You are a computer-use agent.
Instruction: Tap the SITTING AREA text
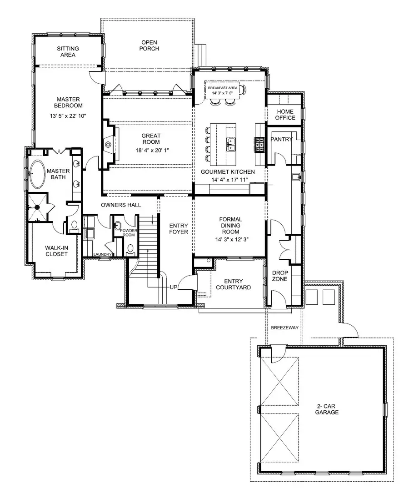coord(68,51)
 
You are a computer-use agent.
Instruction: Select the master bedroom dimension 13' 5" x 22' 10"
coord(68,116)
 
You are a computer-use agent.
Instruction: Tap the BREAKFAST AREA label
coord(220,87)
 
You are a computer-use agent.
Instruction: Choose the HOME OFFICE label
coord(285,115)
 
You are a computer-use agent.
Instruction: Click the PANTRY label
coord(282,139)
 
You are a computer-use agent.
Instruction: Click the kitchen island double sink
coord(231,145)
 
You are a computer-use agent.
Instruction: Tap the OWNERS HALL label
coord(121,205)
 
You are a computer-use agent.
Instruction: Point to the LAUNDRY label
coord(102,254)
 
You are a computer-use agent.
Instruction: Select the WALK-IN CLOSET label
coord(56,251)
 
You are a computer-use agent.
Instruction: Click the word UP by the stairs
coord(173,288)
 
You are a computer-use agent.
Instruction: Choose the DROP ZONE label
coord(280,276)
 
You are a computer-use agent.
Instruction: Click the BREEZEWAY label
coord(284,327)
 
